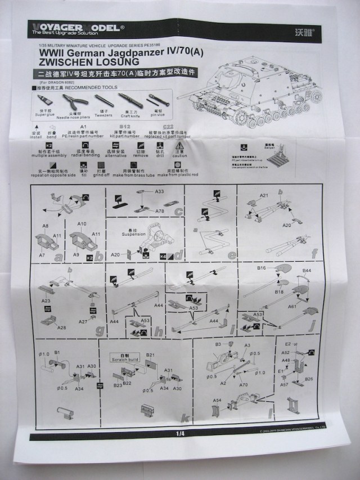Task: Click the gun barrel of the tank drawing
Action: pyautogui.click(x=194, y=90)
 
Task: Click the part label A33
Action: pyautogui.click(x=160, y=192)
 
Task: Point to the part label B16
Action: pyautogui.click(x=262, y=269)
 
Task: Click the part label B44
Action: pyautogui.click(x=307, y=271)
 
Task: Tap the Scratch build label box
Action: pyautogui.click(x=125, y=357)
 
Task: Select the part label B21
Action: pyautogui.click(x=150, y=355)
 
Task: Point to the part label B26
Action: pyautogui.click(x=309, y=379)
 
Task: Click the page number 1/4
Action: pyautogui.click(x=180, y=434)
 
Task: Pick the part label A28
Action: pyautogui.click(x=62, y=327)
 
